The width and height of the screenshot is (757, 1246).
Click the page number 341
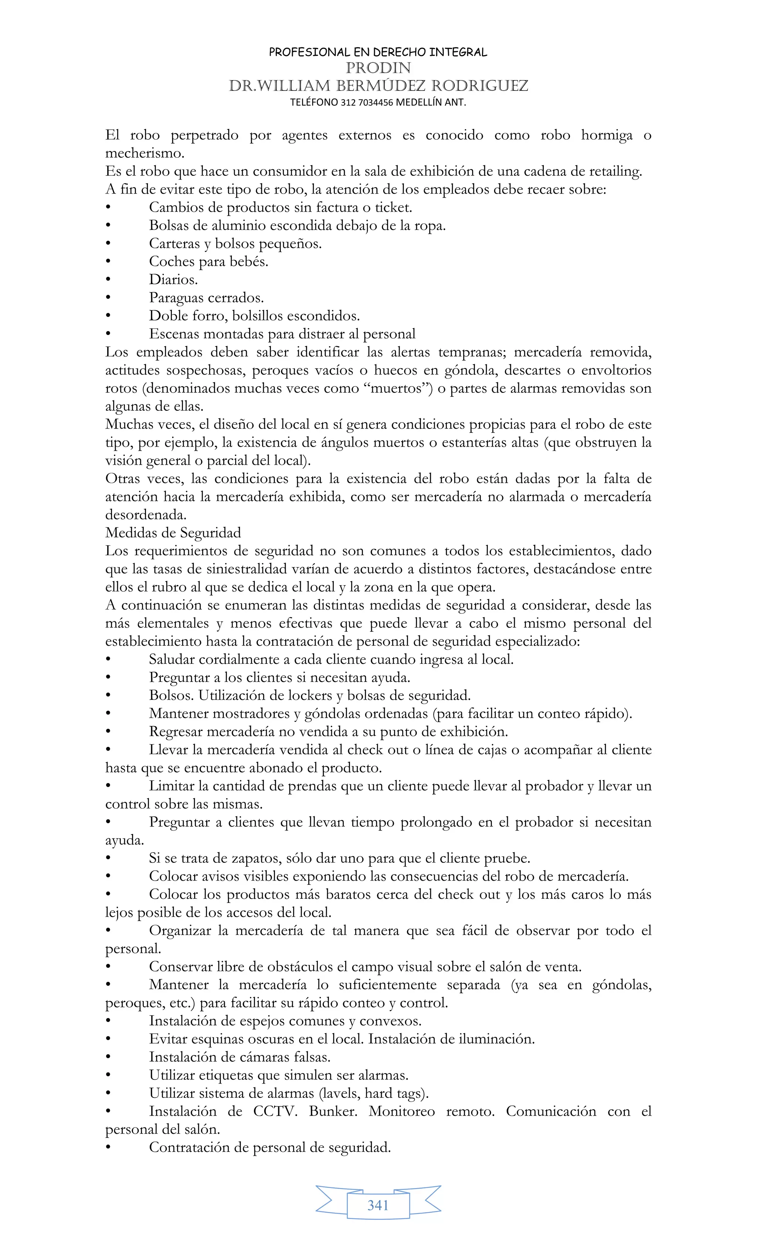[x=378, y=1205]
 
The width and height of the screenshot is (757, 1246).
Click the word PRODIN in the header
[x=378, y=68]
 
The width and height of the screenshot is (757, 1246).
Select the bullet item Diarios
[x=173, y=280]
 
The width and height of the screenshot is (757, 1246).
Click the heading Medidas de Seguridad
[x=173, y=533]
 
